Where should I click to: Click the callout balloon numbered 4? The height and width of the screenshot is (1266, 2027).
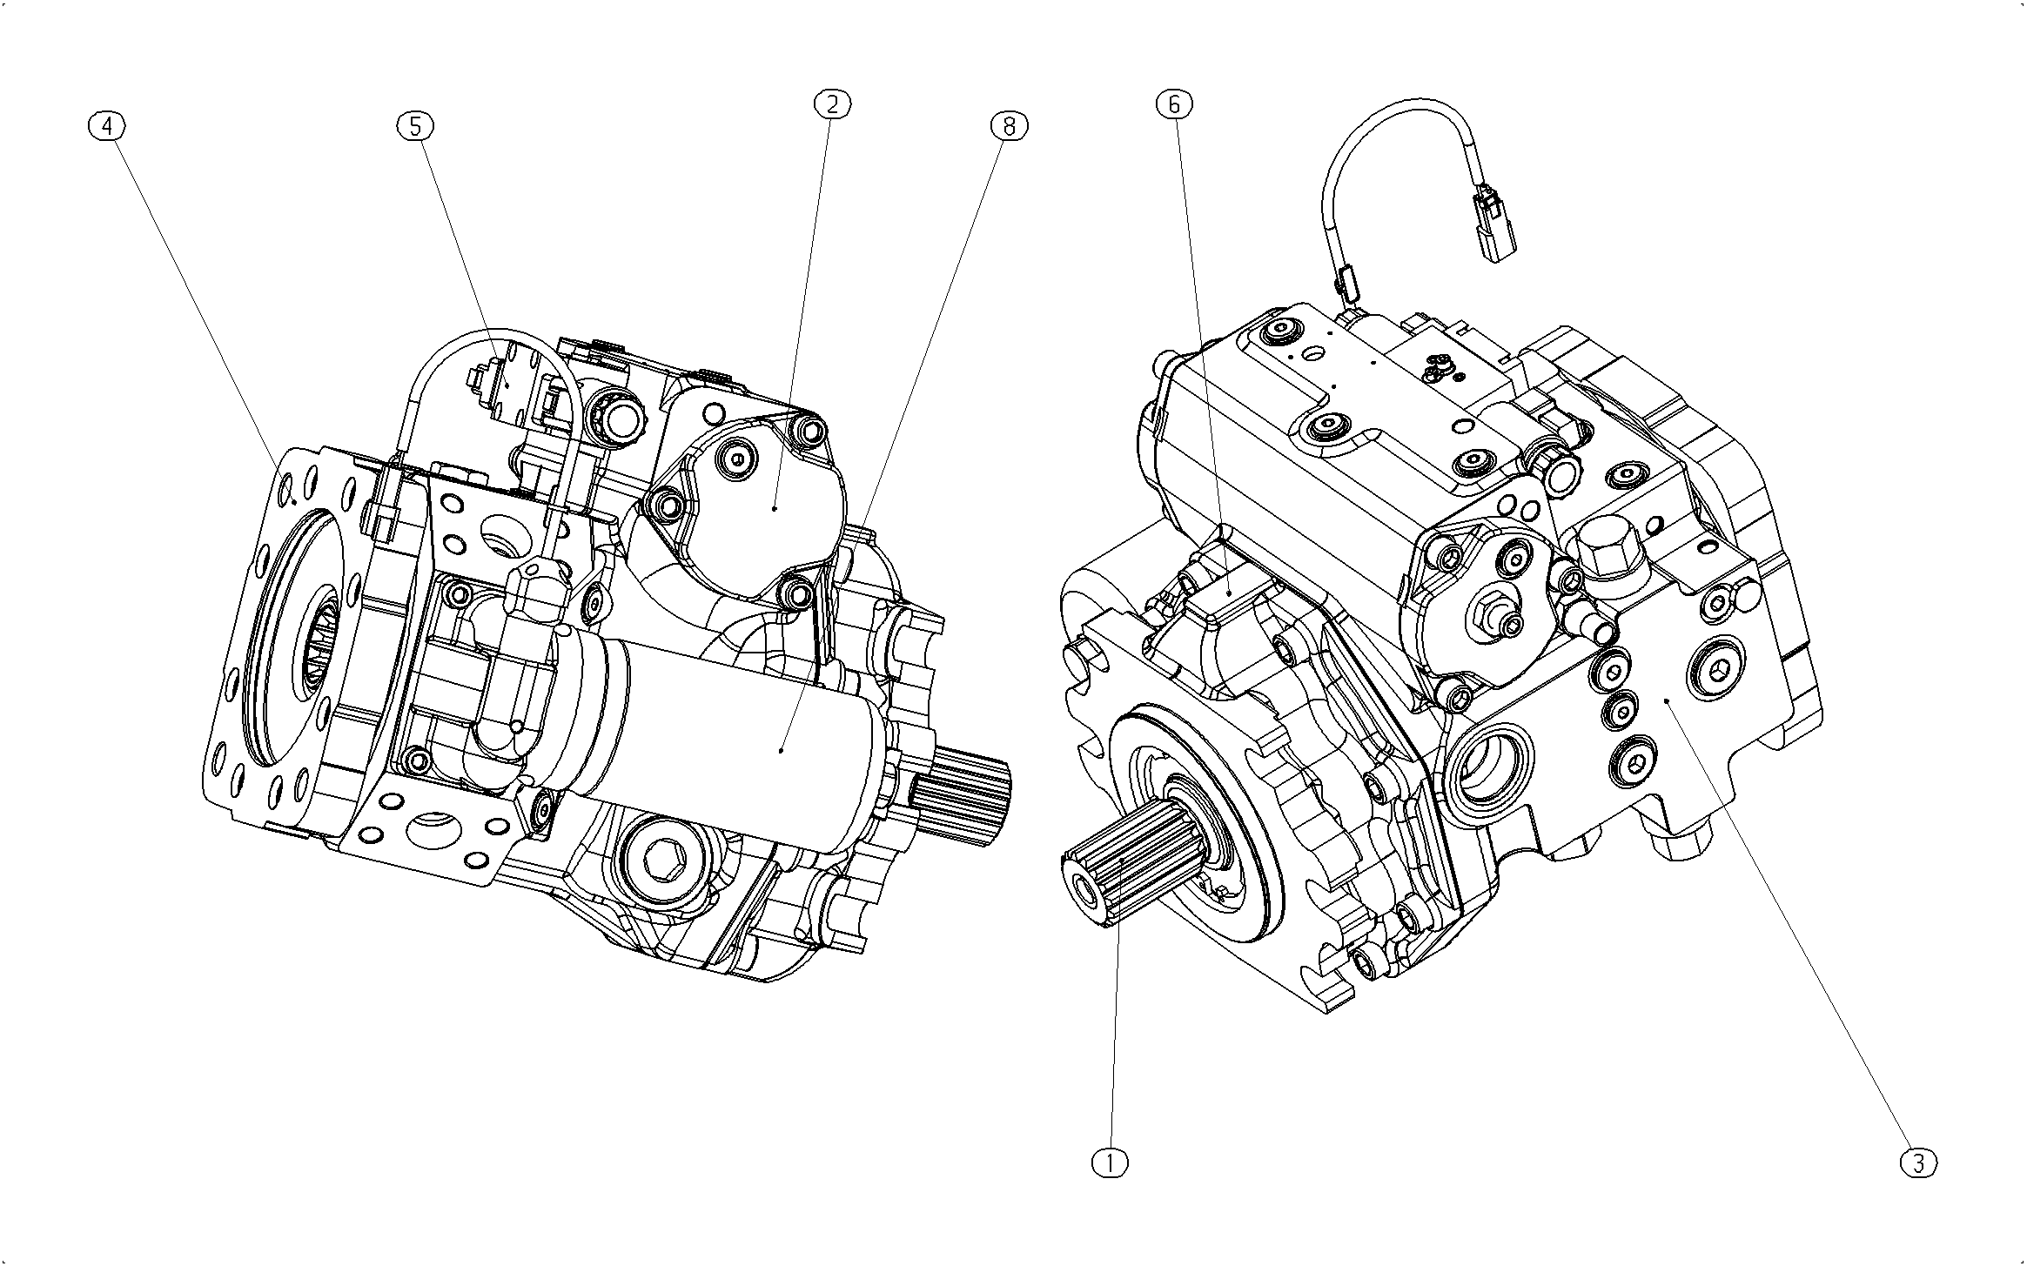(107, 127)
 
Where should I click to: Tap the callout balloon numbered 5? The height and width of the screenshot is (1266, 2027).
(415, 127)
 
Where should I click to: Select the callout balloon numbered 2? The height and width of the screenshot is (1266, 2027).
(832, 104)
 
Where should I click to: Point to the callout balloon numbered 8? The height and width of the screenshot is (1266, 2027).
(1009, 127)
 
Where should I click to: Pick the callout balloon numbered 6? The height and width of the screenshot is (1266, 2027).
(1174, 104)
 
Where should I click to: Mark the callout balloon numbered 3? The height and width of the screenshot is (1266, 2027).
(1919, 1163)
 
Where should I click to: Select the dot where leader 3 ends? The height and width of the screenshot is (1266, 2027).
(1666, 700)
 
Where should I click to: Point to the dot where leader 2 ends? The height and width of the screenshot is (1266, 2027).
(775, 506)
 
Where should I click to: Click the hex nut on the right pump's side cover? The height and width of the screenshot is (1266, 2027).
(1495, 613)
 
